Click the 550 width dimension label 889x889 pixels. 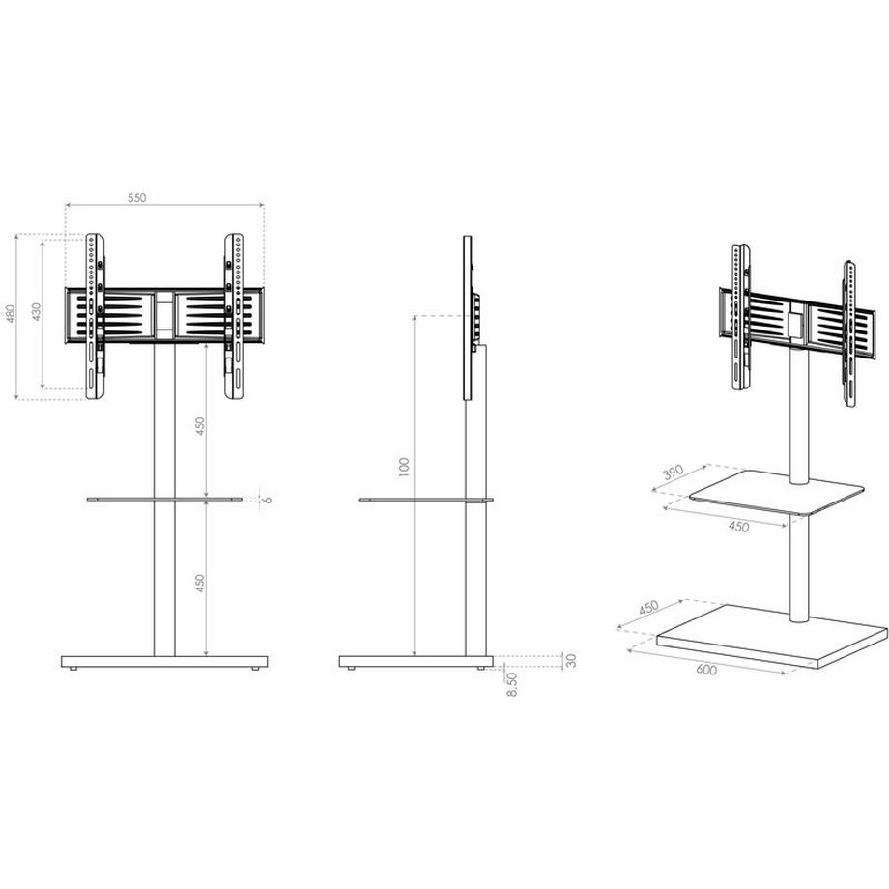[x=136, y=197]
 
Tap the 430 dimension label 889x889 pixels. [x=37, y=313]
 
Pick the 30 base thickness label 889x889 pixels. [x=571, y=661]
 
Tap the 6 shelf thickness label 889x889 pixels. [x=267, y=499]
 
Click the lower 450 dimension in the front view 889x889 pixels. [x=200, y=584]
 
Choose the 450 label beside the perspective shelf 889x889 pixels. [x=738, y=527]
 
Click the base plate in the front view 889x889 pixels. [x=164, y=662]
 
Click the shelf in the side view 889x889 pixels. [x=425, y=500]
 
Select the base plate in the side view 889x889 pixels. [x=416, y=662]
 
